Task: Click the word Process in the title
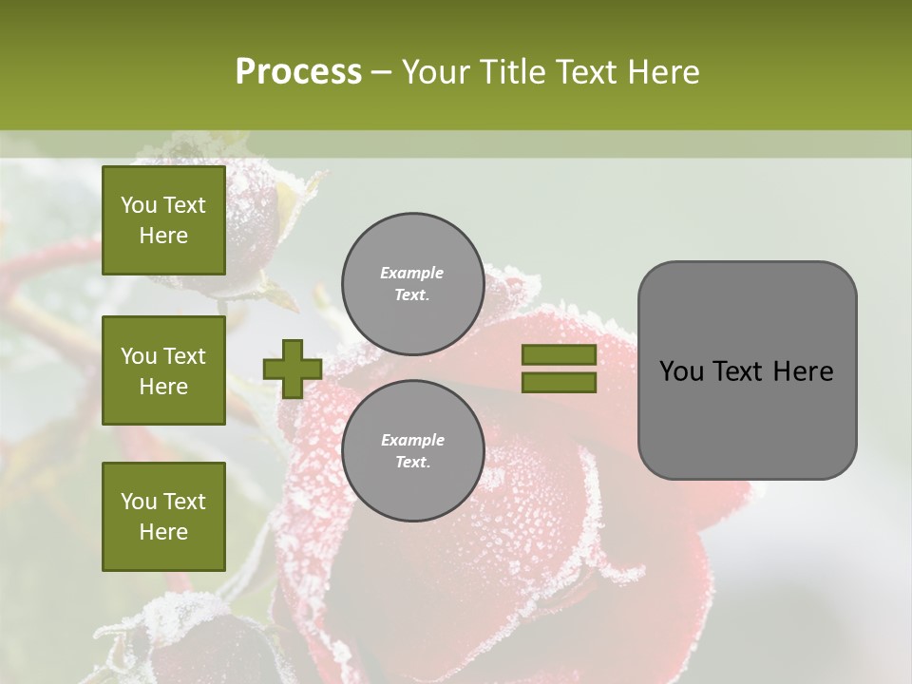click(x=298, y=72)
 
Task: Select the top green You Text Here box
click(x=163, y=220)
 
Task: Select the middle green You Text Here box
click(x=163, y=370)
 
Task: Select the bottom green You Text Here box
click(x=163, y=516)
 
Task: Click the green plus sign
click(x=293, y=369)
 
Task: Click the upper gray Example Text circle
click(x=412, y=283)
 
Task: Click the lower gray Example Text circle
click(x=412, y=450)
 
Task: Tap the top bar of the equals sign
click(x=559, y=354)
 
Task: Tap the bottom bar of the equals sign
click(x=559, y=383)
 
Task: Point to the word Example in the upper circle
click(x=412, y=273)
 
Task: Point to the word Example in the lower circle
click(x=412, y=440)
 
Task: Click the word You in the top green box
click(x=139, y=205)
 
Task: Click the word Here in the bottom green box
click(x=163, y=532)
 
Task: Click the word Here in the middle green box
click(x=163, y=387)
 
